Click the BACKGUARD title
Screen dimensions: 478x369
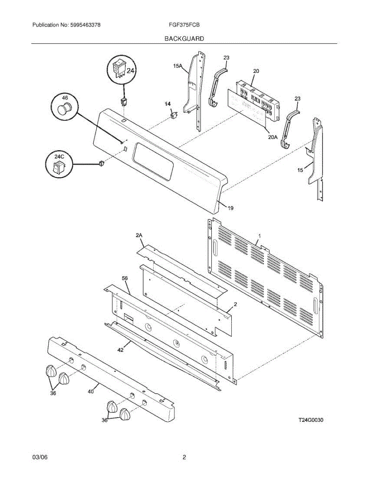pos(184,39)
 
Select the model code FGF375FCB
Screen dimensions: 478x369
pos(184,25)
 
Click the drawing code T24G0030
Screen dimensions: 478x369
pos(311,420)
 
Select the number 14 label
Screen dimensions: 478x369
pos(168,104)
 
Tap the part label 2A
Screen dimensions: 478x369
pos(139,236)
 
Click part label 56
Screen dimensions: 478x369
pos(125,279)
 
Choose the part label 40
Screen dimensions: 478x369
pos(91,392)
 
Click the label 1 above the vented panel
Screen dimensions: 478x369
pos(259,236)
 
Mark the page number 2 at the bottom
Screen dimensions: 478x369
pos(184,457)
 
